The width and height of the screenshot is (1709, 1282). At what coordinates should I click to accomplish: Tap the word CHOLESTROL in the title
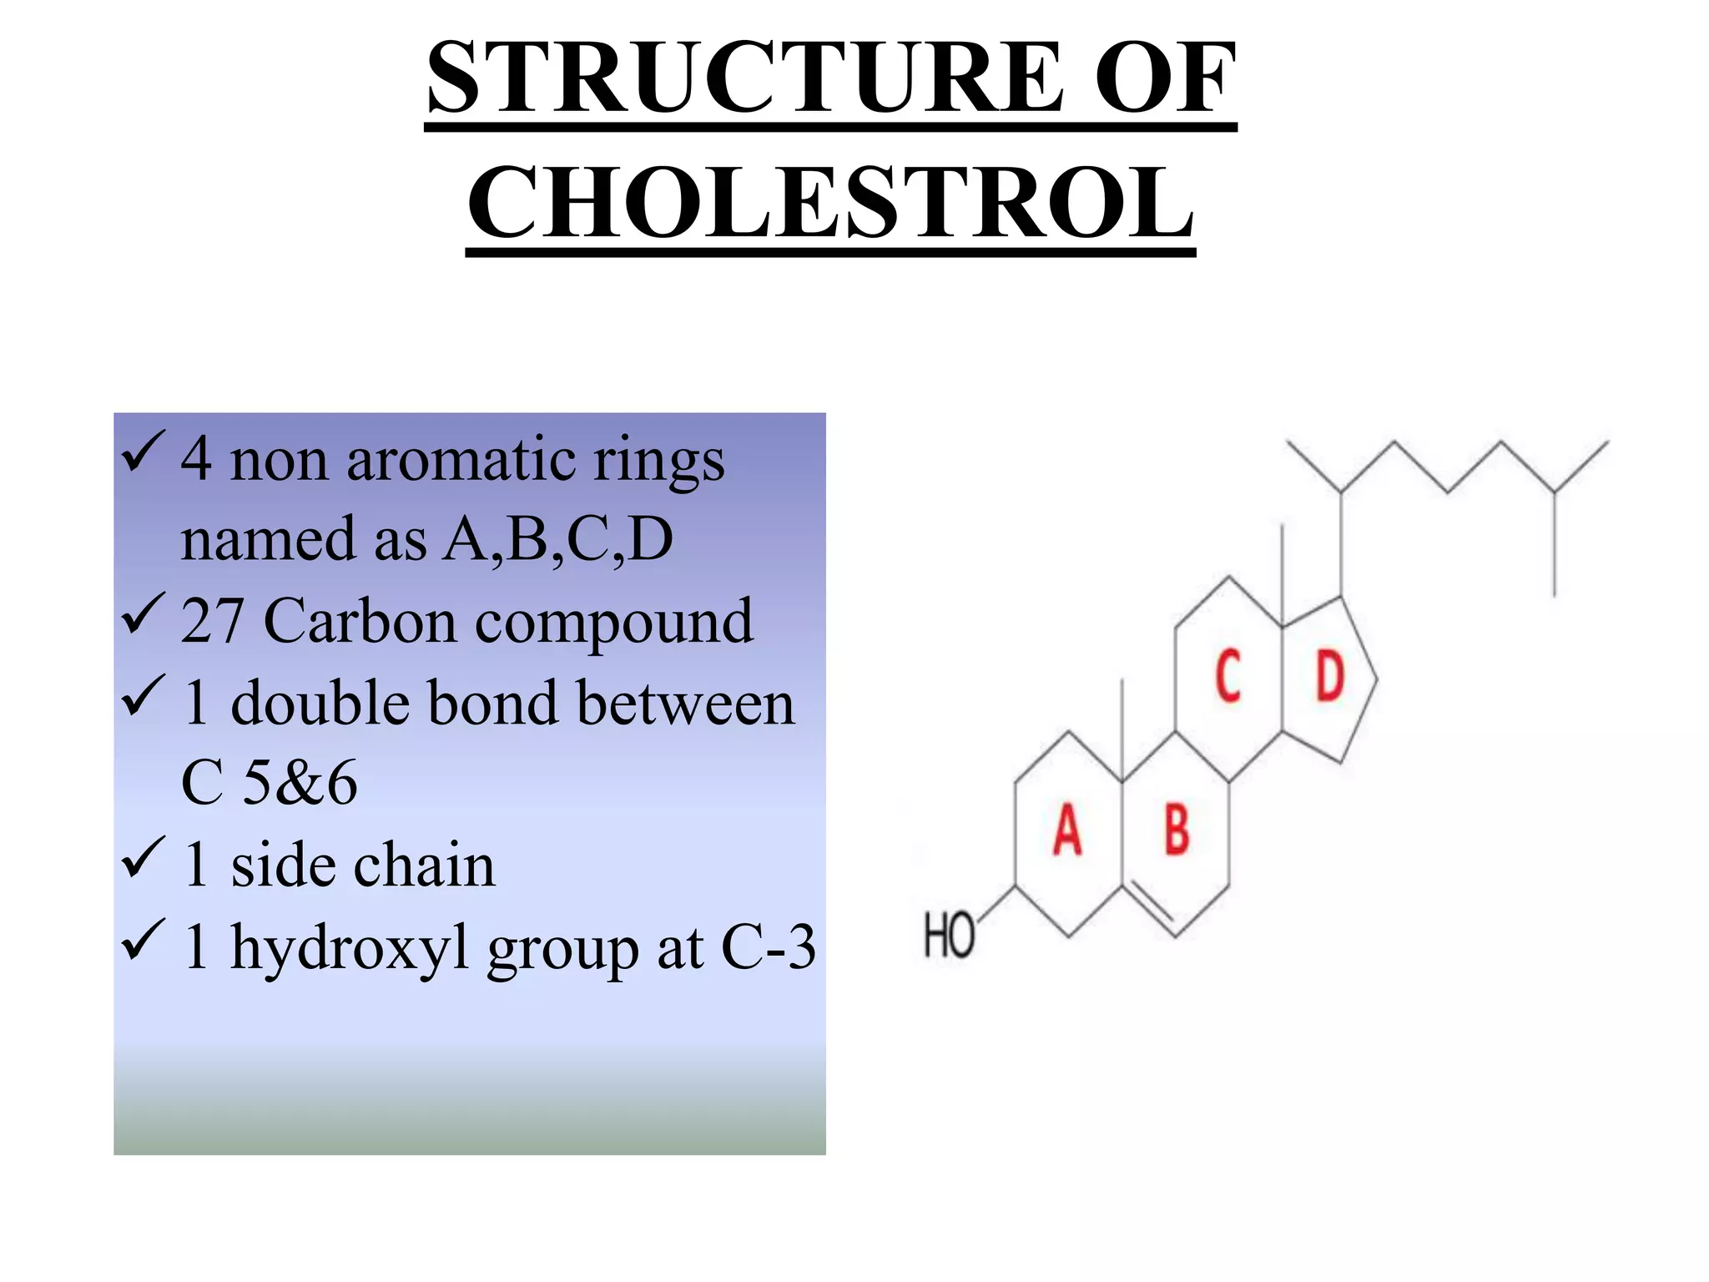pos(830,203)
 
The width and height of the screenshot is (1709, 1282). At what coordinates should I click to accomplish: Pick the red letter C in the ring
pos(1228,675)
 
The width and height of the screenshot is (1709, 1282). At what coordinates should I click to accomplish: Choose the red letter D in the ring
pos(1330,675)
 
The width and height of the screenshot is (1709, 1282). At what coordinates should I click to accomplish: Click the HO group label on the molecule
pos(949,935)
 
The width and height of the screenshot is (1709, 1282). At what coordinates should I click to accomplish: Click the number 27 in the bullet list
pos(212,621)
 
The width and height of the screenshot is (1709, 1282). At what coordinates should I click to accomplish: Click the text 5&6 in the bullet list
pos(299,783)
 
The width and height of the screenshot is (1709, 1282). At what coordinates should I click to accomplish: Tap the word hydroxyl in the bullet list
pos(350,949)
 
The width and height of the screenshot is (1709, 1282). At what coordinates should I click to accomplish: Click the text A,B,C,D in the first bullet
pos(557,539)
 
